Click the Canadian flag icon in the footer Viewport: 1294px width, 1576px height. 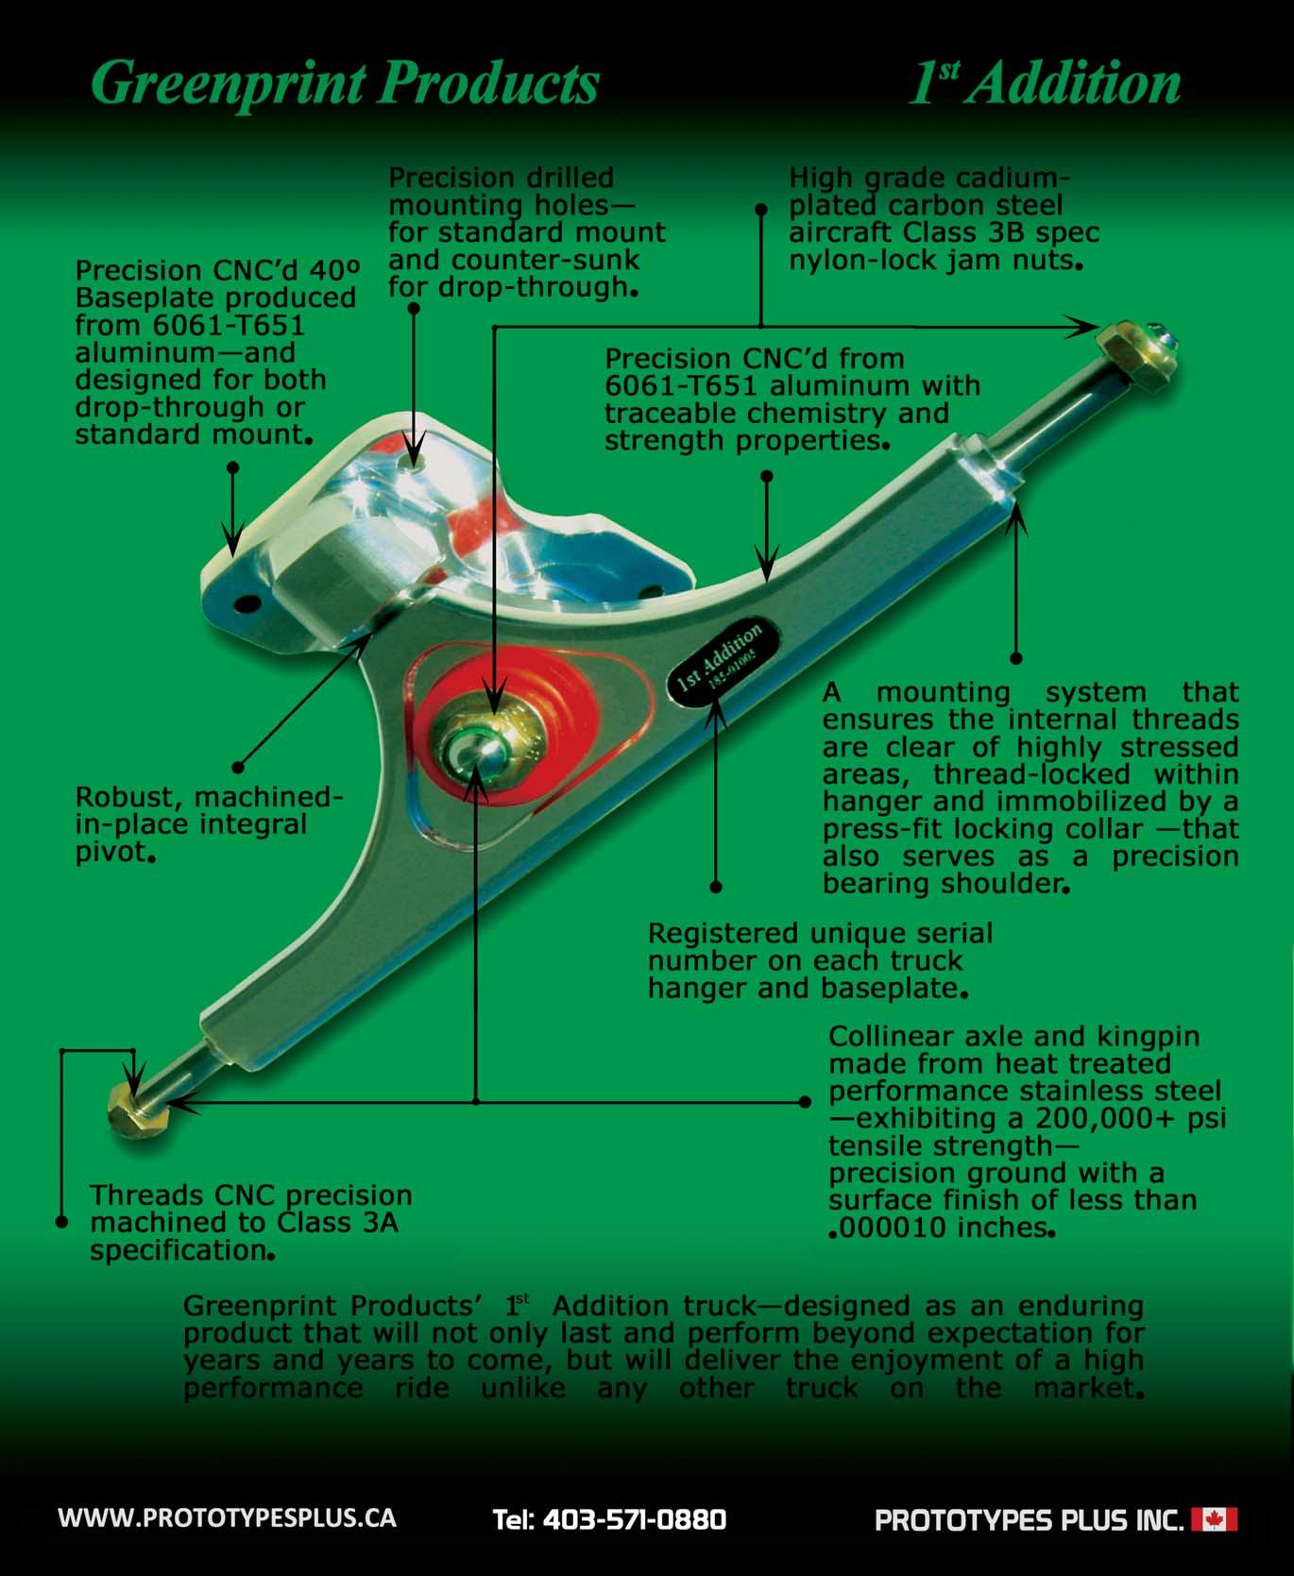tap(1214, 1519)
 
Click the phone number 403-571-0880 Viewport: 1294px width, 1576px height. tap(609, 1519)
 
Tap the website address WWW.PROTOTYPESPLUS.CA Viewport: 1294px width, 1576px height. tap(227, 1517)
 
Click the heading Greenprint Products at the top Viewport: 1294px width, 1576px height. tap(346, 84)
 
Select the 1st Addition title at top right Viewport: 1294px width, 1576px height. tap(1044, 84)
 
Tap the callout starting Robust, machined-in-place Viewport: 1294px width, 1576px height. tap(209, 824)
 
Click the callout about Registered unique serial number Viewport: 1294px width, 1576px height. tap(819, 961)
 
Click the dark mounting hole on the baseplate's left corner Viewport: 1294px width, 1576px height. tap(248, 602)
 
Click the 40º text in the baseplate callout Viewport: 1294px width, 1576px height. tap(335, 270)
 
